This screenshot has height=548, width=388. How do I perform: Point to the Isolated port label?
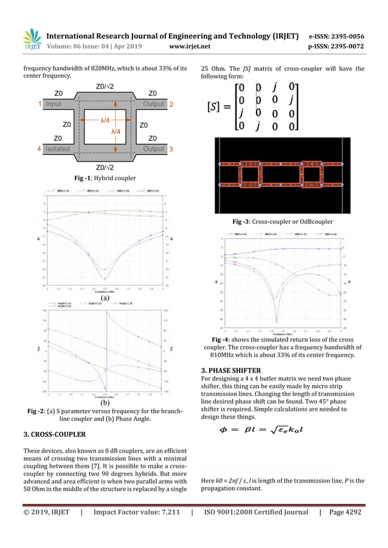click(57, 148)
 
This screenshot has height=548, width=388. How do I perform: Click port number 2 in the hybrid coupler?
click(171, 104)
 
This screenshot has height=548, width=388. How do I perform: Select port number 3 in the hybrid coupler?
click(171, 148)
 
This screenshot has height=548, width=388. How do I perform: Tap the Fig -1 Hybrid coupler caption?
click(105, 177)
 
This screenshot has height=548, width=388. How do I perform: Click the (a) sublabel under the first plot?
click(105, 298)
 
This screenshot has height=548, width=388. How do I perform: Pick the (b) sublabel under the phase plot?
click(105, 402)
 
